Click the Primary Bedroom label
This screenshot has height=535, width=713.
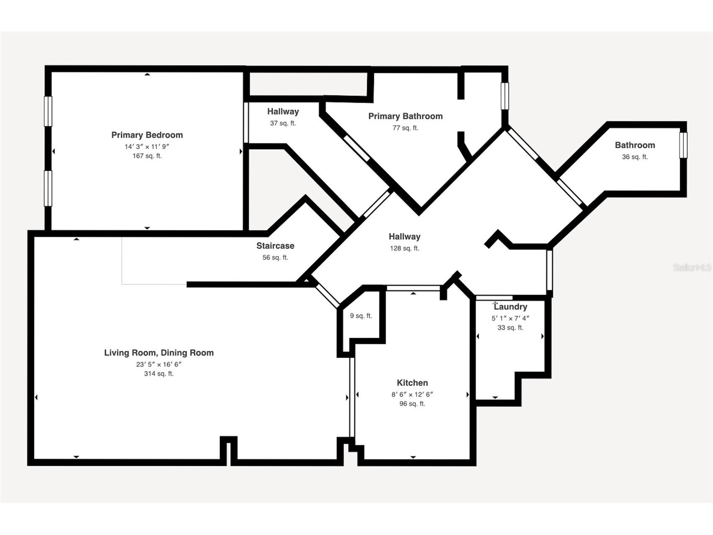click(147, 135)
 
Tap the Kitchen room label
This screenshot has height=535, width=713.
click(412, 383)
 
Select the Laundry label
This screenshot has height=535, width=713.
click(510, 307)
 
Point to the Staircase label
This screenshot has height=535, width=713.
click(275, 246)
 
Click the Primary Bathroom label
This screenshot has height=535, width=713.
click(405, 116)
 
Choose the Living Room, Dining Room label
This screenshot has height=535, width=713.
click(159, 353)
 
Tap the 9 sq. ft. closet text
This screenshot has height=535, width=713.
click(361, 316)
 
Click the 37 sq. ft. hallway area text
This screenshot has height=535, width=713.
click(283, 123)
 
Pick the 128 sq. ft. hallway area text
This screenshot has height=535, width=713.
click(404, 248)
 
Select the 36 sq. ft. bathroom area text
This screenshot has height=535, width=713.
click(635, 157)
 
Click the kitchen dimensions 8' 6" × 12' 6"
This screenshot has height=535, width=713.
click(412, 394)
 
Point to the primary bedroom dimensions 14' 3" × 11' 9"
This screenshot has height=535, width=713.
click(147, 147)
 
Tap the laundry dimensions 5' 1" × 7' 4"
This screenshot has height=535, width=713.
click(510, 318)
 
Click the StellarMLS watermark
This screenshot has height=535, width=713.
click(692, 267)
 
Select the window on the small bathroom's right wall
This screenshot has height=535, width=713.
click(683, 145)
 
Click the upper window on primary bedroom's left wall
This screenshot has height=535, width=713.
click(48, 111)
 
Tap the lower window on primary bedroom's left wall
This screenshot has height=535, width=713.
click(48, 189)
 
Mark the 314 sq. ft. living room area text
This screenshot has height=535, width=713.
click(159, 374)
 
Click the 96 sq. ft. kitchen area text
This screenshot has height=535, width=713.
click(412, 404)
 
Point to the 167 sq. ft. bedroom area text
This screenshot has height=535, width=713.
click(147, 156)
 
